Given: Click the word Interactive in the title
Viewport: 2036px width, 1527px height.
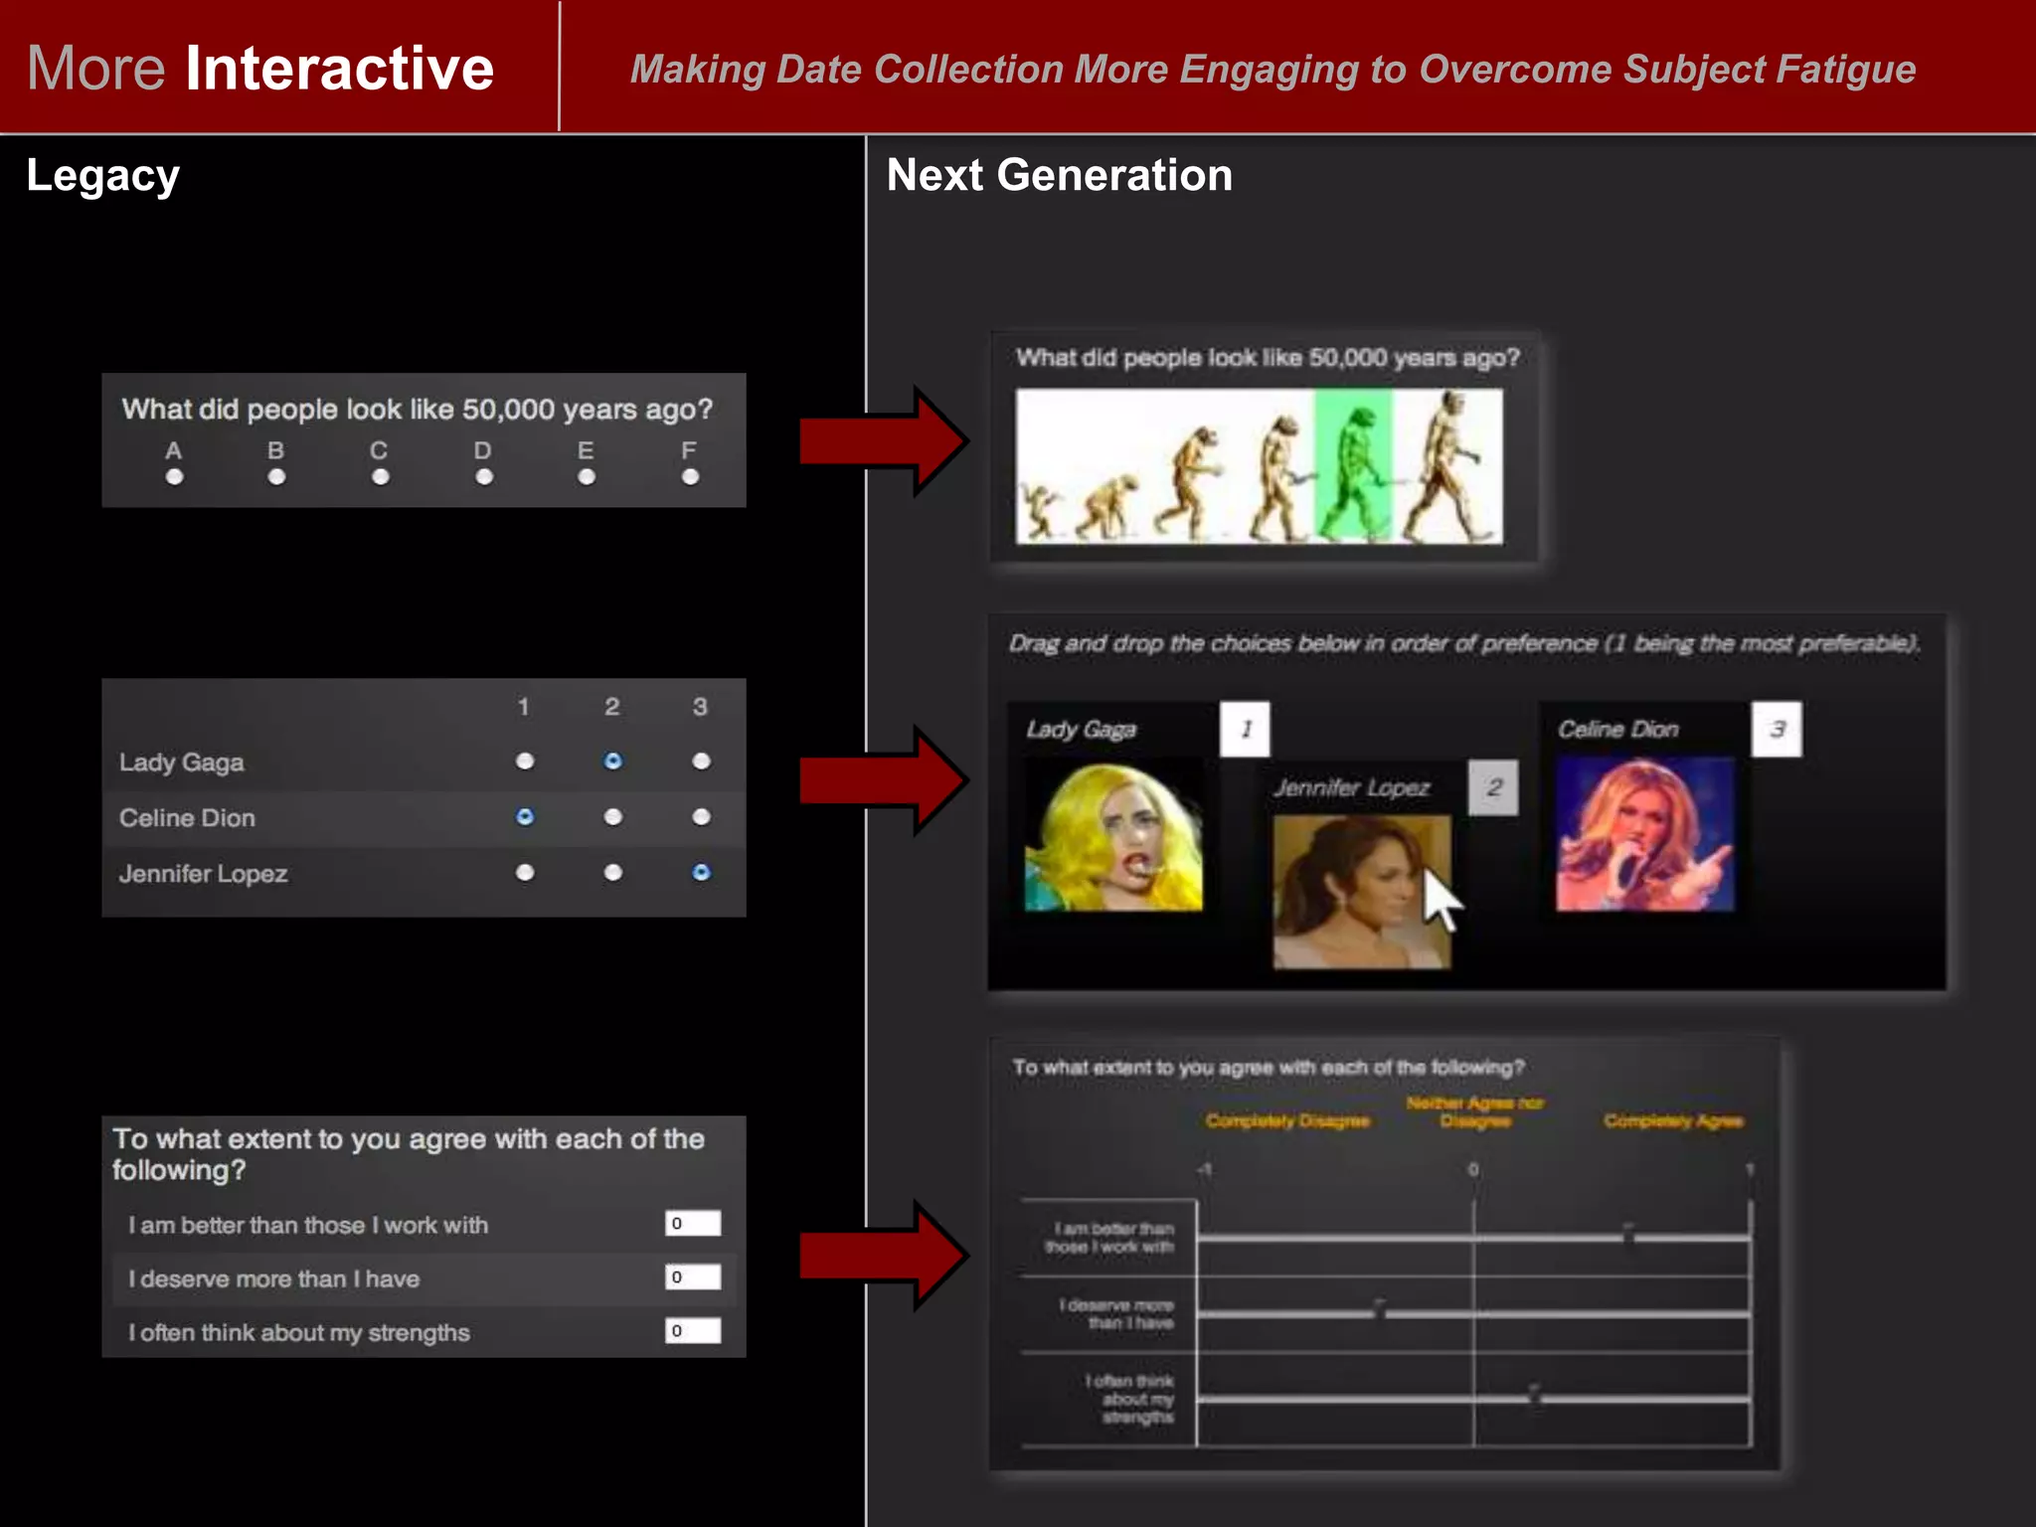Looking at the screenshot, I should (339, 69).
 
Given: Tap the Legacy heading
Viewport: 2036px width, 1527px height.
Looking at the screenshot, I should (102, 176).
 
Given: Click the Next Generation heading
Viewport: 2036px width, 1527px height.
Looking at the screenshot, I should (1059, 175).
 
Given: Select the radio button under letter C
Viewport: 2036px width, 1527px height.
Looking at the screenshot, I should (380, 477).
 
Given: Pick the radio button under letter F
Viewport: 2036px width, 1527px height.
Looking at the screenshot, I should (690, 477).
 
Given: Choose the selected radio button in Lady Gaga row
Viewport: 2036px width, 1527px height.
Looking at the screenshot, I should (613, 762).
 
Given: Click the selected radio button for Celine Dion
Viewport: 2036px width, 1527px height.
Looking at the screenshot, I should (525, 817).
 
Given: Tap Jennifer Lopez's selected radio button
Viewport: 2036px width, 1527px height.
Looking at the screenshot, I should (701, 873).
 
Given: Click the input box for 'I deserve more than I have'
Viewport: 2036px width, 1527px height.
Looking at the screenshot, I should (693, 1277).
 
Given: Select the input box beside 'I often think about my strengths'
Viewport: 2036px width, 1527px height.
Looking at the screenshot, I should (693, 1331).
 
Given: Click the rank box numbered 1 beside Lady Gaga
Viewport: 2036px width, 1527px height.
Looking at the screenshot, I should (1245, 730).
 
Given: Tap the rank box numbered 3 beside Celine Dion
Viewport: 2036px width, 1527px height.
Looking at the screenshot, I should (1777, 730).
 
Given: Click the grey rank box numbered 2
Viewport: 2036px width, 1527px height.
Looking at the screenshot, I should (1493, 788).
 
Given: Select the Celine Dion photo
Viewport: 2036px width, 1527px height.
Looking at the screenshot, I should (1645, 834).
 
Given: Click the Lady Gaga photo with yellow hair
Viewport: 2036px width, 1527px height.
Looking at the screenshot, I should (1113, 836).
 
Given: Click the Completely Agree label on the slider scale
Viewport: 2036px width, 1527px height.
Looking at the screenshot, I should (1673, 1121).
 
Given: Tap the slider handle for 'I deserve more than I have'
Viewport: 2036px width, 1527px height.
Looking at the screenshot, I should (1380, 1309).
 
